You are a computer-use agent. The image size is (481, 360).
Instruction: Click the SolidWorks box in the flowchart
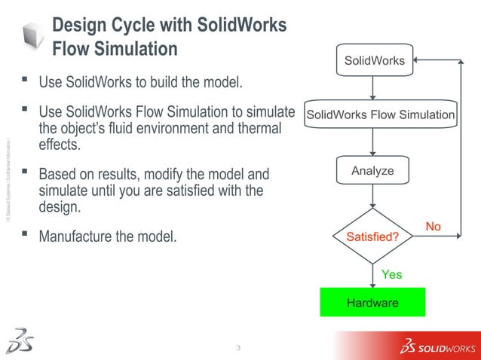coord(374,60)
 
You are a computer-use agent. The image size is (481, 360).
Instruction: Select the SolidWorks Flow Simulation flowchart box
coord(379,115)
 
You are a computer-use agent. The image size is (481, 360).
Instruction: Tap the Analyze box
coord(372,171)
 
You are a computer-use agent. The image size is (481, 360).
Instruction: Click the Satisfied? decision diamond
coord(372,236)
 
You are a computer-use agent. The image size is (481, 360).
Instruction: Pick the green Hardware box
coord(372,302)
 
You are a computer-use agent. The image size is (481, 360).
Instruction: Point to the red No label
coord(434,227)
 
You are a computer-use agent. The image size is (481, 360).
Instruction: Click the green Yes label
coord(391,275)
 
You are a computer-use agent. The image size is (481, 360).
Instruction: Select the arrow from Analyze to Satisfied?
coord(373,197)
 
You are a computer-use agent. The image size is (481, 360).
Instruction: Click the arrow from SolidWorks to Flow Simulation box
coord(373,87)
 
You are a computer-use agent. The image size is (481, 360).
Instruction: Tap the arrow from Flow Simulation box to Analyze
coord(373,142)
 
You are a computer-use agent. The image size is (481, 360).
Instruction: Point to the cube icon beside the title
coord(33,35)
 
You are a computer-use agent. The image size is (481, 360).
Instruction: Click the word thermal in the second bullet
coord(254,129)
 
